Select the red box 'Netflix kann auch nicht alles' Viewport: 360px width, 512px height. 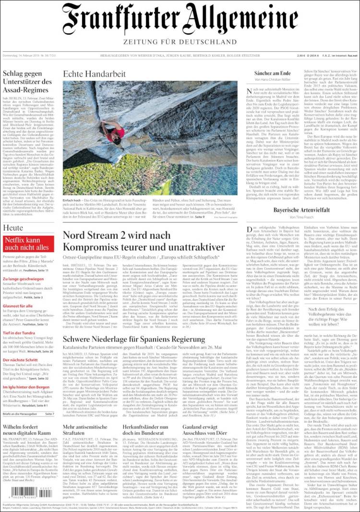[29, 244]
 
